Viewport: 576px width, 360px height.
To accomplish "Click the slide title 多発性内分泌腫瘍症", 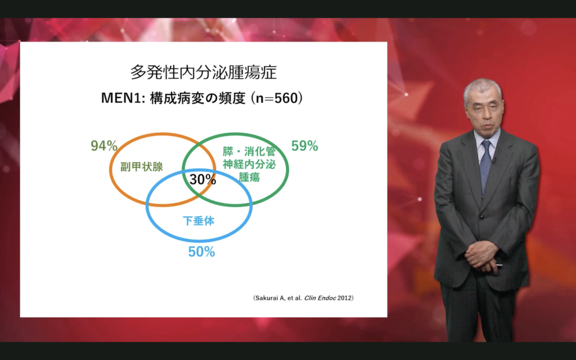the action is point(204,73).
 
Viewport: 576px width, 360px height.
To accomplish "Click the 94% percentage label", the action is point(104,146).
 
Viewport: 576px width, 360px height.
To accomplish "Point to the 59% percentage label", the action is point(304,146).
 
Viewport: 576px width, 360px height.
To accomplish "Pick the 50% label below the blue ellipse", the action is point(202,251).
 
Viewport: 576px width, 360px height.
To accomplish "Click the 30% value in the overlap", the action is point(202,179).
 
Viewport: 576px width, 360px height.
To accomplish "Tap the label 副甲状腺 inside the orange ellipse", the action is point(142,166).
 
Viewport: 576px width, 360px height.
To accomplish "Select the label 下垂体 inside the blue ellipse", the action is point(199,220).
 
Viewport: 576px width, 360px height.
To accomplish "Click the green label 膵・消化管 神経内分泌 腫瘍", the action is point(249,164).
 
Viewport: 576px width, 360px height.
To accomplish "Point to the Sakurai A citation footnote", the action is point(303,298).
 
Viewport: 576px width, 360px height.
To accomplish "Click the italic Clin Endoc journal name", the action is point(319,298).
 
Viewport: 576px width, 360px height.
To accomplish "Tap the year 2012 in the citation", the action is point(345,298).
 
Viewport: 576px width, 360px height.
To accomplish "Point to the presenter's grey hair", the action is point(483,90).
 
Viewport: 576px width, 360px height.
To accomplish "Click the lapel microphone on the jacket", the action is point(494,160).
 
